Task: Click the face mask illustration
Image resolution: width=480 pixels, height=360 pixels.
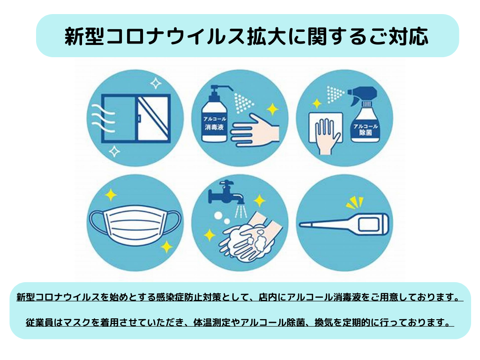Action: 135,225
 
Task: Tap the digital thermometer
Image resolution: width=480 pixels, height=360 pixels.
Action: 345,224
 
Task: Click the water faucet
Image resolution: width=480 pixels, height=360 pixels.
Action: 225,192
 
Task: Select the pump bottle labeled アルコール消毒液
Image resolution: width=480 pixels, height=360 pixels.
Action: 215,115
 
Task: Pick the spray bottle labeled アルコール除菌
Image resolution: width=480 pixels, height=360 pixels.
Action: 364,115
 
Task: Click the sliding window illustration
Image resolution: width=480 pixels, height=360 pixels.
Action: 136,118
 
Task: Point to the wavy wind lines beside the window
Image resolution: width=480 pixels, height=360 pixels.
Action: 103,118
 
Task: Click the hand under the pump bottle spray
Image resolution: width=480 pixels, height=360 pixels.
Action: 255,130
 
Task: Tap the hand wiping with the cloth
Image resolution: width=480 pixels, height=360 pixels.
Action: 327,136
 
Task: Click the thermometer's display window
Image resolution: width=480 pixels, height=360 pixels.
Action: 369,225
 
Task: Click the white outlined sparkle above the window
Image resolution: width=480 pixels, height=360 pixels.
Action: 156,83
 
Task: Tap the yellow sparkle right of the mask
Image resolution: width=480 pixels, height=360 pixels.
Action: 166,247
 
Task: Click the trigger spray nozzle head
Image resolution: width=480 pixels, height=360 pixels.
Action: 362,93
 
